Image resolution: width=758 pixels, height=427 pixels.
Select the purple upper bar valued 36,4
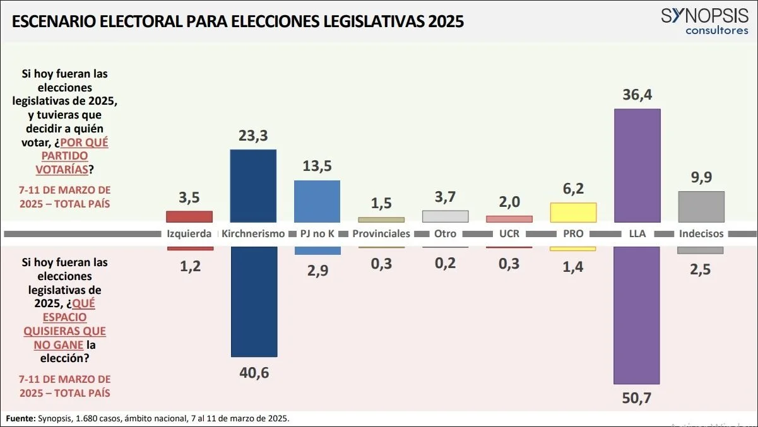637,165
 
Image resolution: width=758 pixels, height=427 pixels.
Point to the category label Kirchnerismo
253,233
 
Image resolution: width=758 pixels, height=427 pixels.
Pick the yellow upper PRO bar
573,213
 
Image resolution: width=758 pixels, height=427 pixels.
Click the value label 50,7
637,399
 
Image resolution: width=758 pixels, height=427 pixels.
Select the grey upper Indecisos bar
701,207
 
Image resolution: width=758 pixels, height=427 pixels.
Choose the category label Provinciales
381,233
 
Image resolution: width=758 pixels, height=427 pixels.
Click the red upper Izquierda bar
189,216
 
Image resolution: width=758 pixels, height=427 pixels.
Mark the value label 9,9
701,177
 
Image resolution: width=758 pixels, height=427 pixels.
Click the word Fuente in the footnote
20,418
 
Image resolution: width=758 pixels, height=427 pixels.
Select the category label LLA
637,233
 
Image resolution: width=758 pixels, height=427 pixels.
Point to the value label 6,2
573,188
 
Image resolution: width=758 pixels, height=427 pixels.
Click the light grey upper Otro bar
445,216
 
